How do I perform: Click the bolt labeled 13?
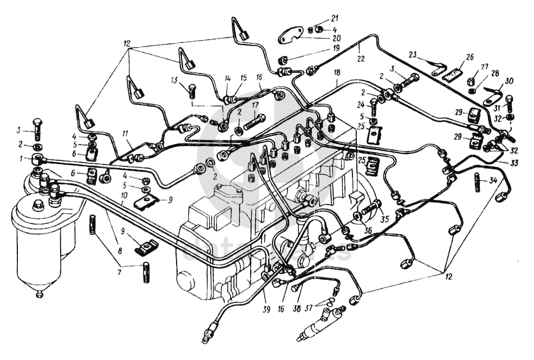coord(192,91)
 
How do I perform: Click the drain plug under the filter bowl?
coord(39,294)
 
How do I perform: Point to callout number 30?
coord(509,81)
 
